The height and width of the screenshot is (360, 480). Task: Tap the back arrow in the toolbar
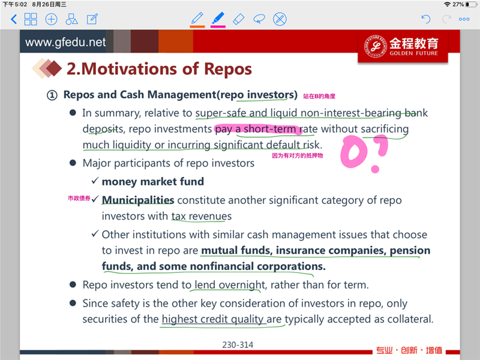pos(14,19)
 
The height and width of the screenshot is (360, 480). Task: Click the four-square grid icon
pos(31,19)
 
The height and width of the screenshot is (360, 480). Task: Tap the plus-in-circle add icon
pos(51,19)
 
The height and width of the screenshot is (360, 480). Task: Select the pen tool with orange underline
pos(197,19)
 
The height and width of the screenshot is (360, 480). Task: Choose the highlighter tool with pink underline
pos(218,18)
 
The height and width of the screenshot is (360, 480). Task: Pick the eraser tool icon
pos(238,19)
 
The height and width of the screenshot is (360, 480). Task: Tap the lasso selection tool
pos(259,19)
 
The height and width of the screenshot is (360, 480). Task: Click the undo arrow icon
pos(426,19)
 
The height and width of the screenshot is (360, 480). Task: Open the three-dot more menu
pos(464,19)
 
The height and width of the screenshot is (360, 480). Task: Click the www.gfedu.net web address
pos(65,42)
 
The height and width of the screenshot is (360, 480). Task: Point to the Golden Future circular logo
pos(376,46)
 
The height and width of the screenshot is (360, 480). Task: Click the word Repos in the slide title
pos(228,69)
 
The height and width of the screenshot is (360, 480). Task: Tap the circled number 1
pos(52,95)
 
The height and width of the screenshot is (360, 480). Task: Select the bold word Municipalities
pos(138,200)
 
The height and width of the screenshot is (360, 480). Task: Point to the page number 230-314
pos(238,345)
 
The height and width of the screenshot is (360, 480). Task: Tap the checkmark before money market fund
pos(95,181)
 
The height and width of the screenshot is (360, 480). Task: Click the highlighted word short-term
pos(269,129)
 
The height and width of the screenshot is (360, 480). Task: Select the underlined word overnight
pos(242,285)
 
